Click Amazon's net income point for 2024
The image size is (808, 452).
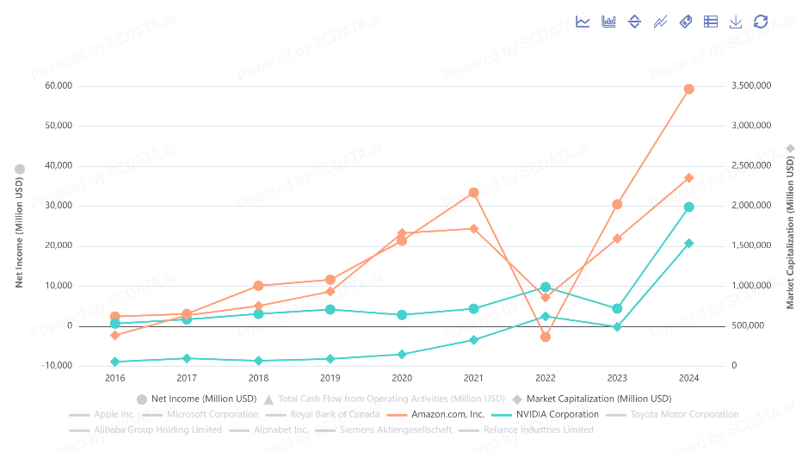click(688, 89)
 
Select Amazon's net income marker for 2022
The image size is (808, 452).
click(545, 337)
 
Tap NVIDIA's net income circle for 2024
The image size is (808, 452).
click(688, 207)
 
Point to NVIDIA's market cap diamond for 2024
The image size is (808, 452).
click(688, 244)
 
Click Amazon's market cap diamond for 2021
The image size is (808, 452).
click(473, 228)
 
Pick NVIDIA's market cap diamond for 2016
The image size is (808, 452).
click(114, 362)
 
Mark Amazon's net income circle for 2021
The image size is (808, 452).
click(473, 193)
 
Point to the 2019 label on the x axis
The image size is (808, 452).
click(330, 378)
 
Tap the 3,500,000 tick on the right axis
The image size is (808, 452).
click(751, 86)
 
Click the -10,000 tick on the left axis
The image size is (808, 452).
click(58, 366)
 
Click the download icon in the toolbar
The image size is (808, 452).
click(736, 22)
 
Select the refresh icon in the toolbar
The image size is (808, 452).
click(761, 22)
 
